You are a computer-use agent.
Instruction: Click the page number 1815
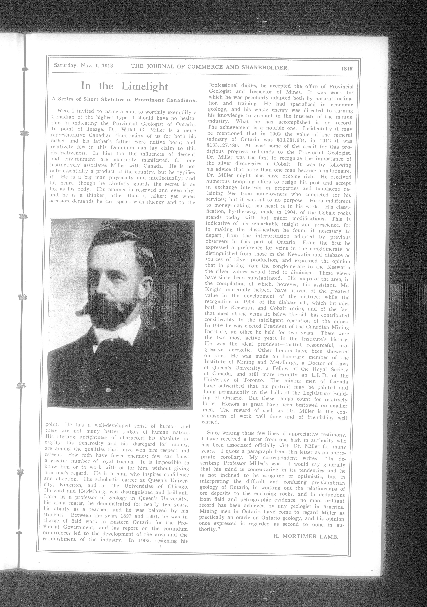[347, 68]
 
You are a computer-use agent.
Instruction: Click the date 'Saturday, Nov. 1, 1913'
[83, 65]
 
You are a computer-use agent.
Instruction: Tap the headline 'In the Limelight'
[124, 86]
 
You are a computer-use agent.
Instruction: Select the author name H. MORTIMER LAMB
[306, 536]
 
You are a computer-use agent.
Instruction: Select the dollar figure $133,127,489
[223, 146]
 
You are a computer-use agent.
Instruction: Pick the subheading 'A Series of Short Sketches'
[124, 100]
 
